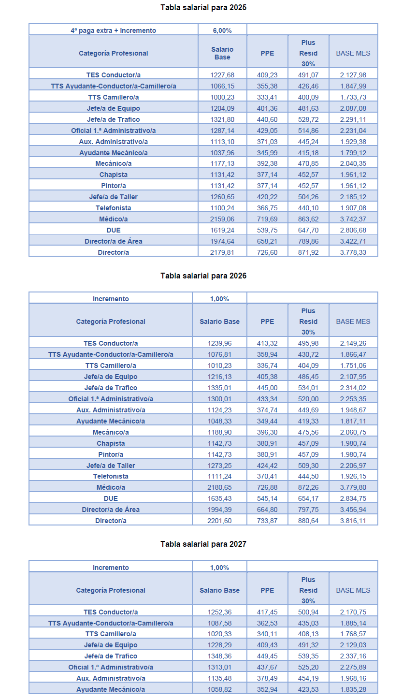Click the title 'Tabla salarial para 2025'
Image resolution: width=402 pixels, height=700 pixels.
tap(203, 7)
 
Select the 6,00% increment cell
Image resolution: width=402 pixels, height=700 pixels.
tap(222, 30)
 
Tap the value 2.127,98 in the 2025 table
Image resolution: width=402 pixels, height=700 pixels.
tap(353, 75)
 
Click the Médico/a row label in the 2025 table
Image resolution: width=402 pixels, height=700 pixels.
tap(114, 219)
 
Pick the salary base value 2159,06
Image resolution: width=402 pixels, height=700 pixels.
tap(222, 219)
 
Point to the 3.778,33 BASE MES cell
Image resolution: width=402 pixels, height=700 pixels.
tap(353, 252)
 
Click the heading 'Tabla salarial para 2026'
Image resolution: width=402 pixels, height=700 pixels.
tap(203, 276)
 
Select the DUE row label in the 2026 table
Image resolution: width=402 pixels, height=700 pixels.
tap(111, 498)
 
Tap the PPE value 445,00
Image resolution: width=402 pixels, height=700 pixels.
tap(267, 388)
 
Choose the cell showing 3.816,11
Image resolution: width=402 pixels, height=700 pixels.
tap(353, 521)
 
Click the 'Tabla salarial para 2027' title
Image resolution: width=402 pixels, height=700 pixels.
tap(203, 544)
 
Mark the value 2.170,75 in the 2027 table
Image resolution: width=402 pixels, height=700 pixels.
tap(353, 612)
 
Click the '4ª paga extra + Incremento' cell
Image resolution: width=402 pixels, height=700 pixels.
tap(114, 30)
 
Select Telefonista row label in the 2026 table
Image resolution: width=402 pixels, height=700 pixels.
tap(111, 476)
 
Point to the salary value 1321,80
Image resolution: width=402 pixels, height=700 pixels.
tap(222, 119)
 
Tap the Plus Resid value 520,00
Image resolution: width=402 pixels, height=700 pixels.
tap(308, 399)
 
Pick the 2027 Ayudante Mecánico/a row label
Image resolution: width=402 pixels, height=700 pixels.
tap(111, 689)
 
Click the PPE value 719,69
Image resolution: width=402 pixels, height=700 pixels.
tap(267, 219)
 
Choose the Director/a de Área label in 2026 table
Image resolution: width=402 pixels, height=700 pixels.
tap(111, 510)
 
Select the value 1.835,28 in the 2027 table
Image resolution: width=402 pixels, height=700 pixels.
tap(353, 689)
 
